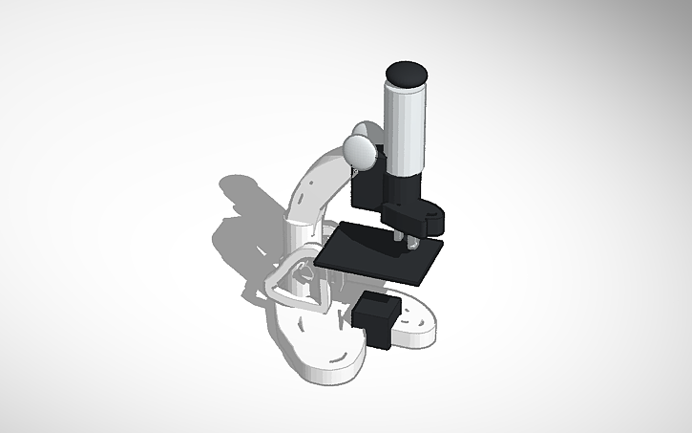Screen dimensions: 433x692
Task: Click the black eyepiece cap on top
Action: click(x=407, y=72)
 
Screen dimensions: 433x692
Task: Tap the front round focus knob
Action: click(x=361, y=149)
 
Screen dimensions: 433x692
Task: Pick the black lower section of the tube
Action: click(x=405, y=186)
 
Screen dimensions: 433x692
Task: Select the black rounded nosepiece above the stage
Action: click(x=414, y=216)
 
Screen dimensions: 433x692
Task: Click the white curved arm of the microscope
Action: click(x=315, y=186)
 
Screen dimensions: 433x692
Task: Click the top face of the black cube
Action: click(x=376, y=305)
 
